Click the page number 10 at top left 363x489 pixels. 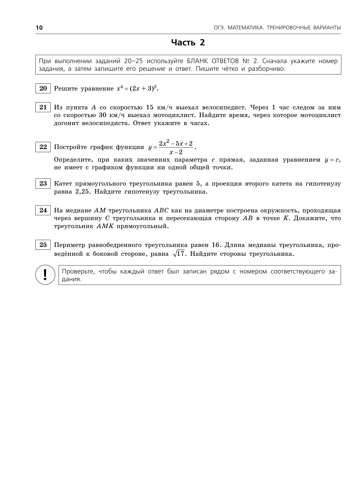pos(39,28)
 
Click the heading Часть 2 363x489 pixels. pos(188,43)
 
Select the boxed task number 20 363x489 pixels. pos(43,88)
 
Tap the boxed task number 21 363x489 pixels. pos(43,107)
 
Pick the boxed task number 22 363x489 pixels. pos(43,147)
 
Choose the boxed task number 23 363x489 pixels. pos(43,184)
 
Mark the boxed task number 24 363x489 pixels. pos(43,210)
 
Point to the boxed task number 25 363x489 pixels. pos(43,245)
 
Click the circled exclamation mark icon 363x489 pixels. pos(45,275)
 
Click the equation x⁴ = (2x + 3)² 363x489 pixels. pos(137,88)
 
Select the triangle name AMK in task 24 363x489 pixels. pos(105,226)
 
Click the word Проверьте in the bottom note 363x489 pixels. pos(78,271)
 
